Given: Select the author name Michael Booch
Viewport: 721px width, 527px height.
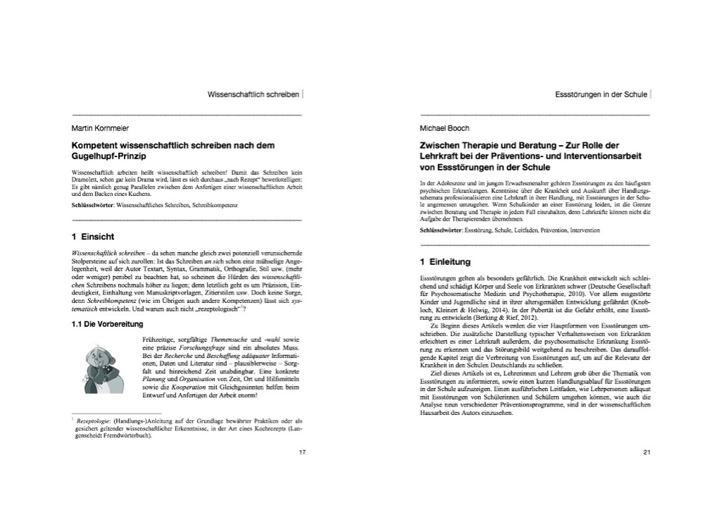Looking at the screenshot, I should pyautogui.click(x=444, y=128).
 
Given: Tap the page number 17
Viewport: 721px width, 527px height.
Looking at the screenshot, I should pyautogui.click(x=302, y=452).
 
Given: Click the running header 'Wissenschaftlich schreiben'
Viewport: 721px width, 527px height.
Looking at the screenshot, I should pyautogui.click(x=253, y=94).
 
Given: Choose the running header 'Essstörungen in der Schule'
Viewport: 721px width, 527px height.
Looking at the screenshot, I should pyautogui.click(x=601, y=94).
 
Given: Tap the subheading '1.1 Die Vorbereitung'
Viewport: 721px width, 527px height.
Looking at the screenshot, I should pyautogui.click(x=108, y=324).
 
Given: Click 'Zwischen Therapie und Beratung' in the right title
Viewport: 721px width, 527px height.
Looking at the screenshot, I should pyautogui.click(x=489, y=144).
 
